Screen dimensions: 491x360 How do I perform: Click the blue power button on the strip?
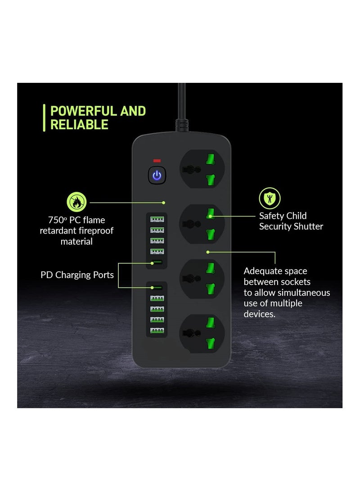pyautogui.click(x=157, y=175)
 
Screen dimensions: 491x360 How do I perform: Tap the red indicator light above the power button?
pyautogui.click(x=157, y=161)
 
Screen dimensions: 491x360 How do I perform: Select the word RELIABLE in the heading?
pyautogui.click(x=79, y=125)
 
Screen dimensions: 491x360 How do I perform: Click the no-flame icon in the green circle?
pyautogui.click(x=76, y=202)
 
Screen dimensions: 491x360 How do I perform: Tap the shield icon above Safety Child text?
pyautogui.click(x=270, y=198)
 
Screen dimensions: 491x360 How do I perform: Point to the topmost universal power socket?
pyautogui.click(x=202, y=169)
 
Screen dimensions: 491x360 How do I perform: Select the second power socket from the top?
pyautogui.click(x=202, y=224)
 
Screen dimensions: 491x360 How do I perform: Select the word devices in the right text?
pyautogui.click(x=259, y=314)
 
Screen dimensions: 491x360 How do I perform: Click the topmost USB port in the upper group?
pyautogui.click(x=157, y=220)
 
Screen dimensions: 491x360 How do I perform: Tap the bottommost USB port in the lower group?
pyautogui.click(x=157, y=331)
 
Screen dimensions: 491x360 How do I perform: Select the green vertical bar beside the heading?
pyautogui.click(x=44, y=118)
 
